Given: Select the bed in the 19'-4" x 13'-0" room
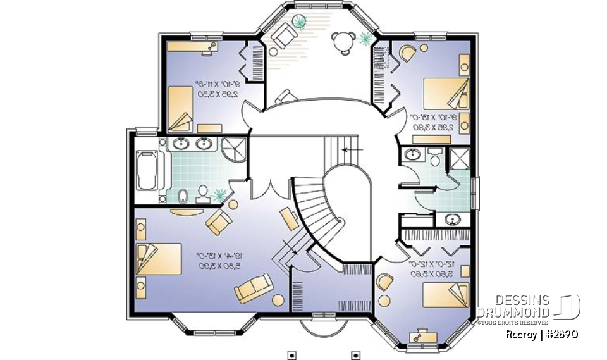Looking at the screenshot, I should tap(159, 259).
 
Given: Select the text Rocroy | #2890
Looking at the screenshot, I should tap(542, 334).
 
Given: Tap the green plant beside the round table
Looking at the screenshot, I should tap(365, 39).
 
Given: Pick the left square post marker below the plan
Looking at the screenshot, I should tap(291, 354).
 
